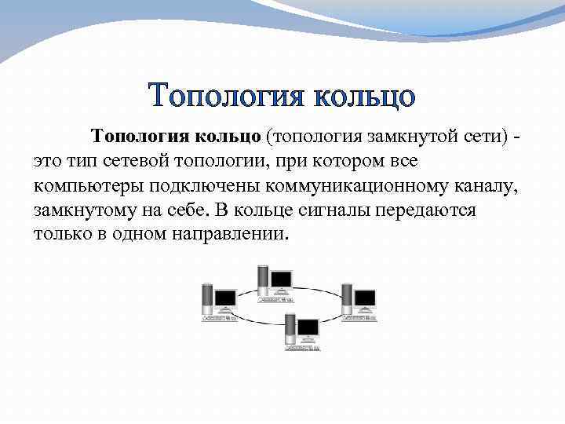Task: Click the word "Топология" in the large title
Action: click(227, 97)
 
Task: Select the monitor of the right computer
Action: click(366, 298)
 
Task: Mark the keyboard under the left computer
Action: click(219, 318)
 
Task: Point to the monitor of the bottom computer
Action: click(308, 327)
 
